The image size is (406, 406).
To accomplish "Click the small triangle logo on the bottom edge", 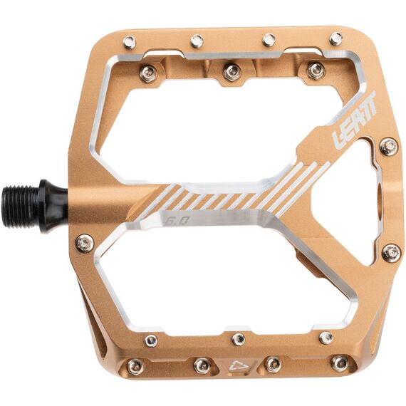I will [x=236, y=368].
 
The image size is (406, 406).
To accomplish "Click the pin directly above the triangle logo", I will [x=239, y=338].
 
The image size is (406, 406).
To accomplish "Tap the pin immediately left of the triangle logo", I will [x=202, y=365].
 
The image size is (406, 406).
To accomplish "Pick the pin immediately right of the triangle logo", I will [x=272, y=364].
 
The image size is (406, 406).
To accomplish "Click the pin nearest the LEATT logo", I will [x=389, y=147].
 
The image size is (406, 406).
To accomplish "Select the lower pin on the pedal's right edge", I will [x=390, y=252].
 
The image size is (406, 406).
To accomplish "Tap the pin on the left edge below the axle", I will [x=84, y=244].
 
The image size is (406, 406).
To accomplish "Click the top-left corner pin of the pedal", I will [x=130, y=43].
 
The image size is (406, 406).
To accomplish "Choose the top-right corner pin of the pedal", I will [x=335, y=38].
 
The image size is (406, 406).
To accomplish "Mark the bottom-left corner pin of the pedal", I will [x=135, y=366].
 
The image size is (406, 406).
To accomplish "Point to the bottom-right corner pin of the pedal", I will [x=340, y=363].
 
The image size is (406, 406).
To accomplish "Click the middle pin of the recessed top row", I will [x=231, y=71].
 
